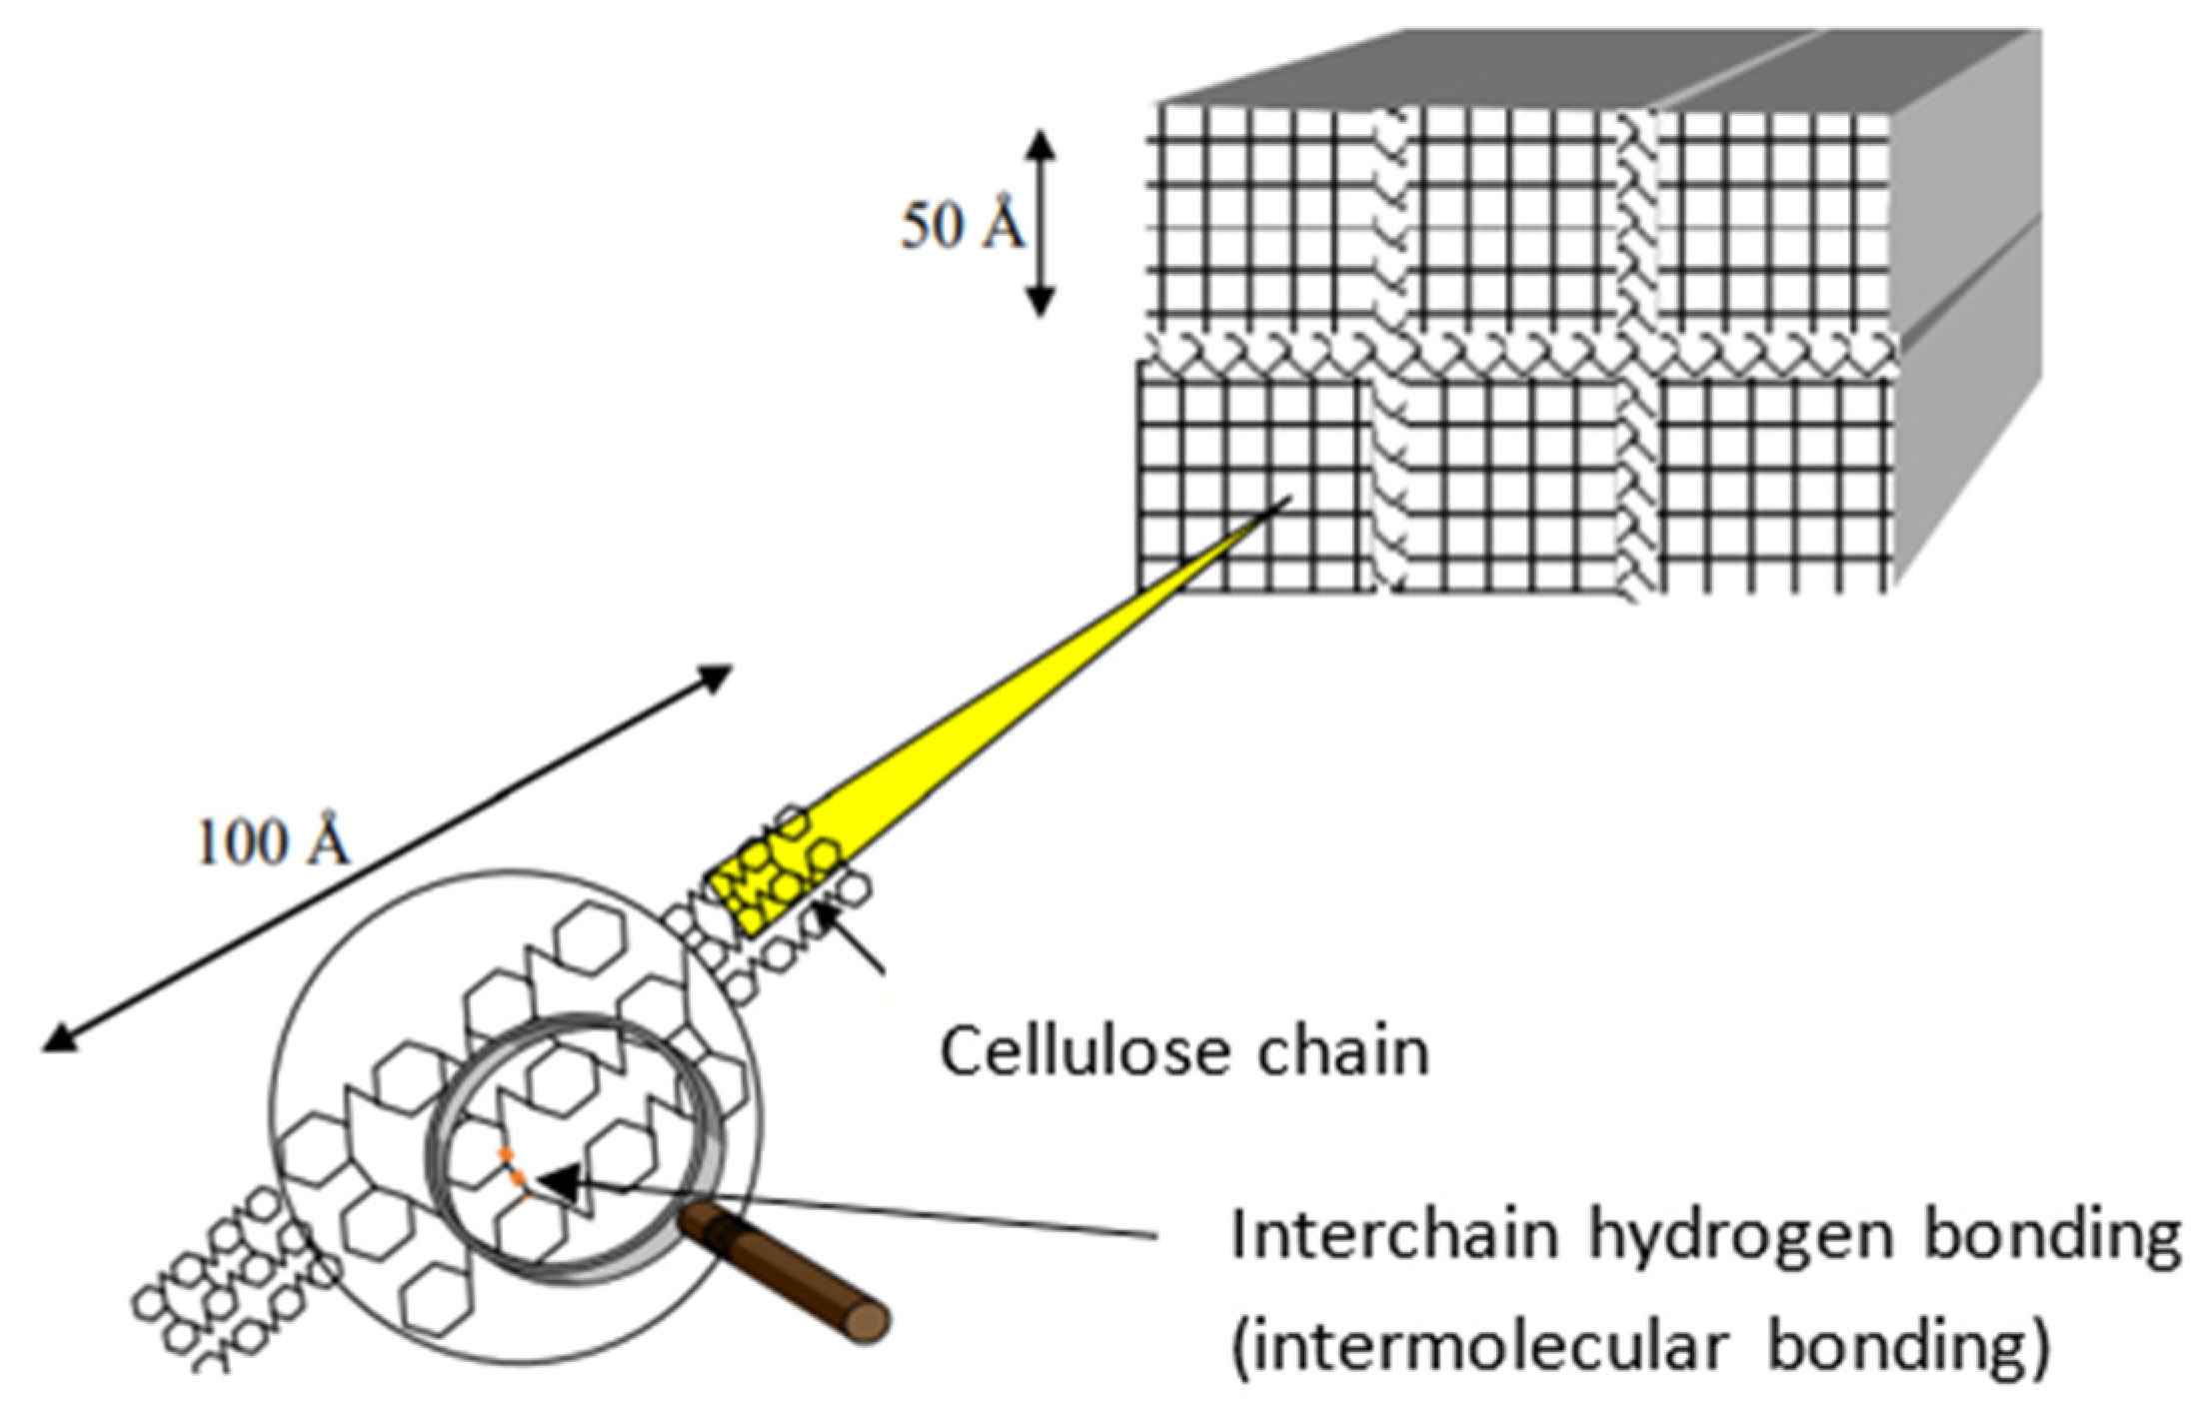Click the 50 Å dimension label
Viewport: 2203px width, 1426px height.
962,225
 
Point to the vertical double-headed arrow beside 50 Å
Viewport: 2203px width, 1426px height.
1041,224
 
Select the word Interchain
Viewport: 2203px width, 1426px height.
1394,1236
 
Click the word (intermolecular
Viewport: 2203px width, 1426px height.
1479,1347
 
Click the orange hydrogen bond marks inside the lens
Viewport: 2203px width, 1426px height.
513,1169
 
